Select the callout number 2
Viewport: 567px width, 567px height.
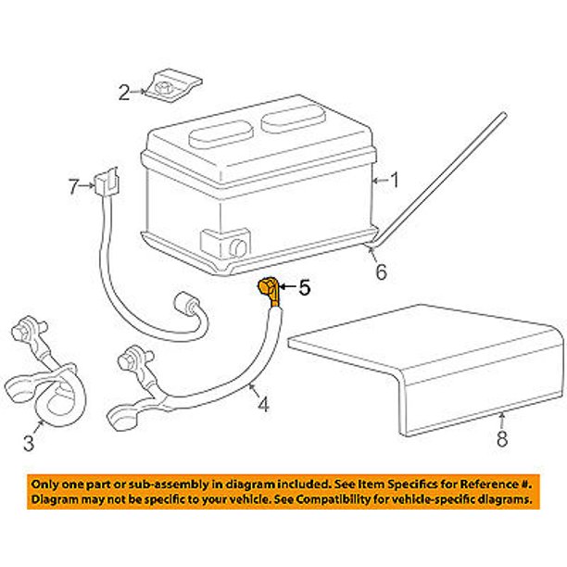123,91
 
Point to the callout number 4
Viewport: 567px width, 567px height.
263,404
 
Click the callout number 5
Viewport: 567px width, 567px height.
305,289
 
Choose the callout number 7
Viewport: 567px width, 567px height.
73,187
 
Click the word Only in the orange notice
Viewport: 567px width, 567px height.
47,485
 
